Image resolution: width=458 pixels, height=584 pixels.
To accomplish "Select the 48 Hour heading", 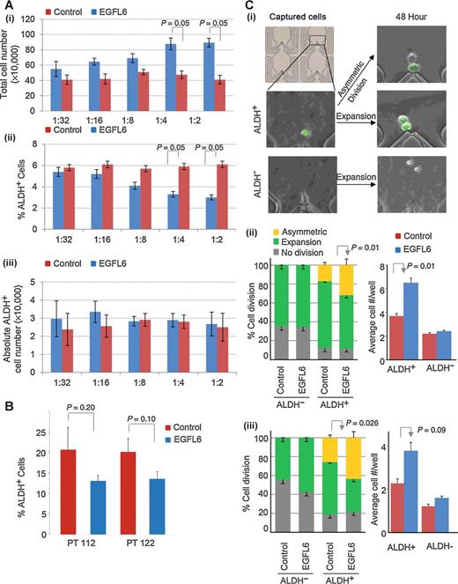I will point(410,21).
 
